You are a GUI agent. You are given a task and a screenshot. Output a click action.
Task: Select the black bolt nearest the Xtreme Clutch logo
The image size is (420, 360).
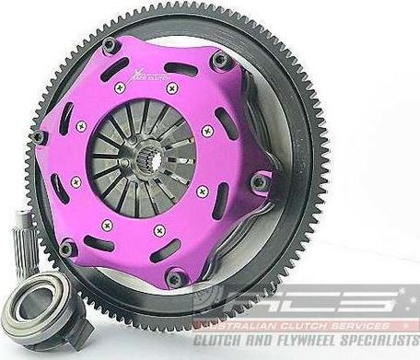(x=110, y=45)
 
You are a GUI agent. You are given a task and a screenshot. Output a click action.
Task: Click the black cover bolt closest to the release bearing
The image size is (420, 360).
(x=65, y=247)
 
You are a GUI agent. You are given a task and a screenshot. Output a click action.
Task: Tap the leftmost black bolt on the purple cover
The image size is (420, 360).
(x=39, y=137)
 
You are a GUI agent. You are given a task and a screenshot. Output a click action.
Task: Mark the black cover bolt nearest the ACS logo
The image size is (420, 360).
(x=176, y=278)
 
